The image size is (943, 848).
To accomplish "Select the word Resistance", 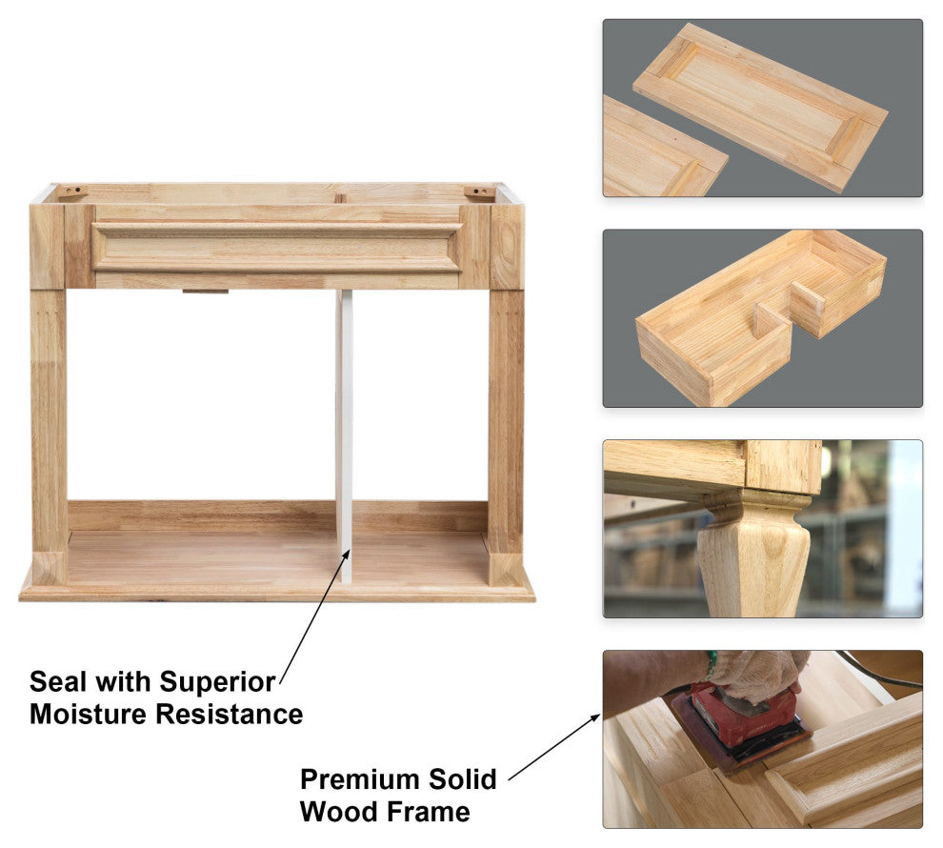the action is tap(230, 715).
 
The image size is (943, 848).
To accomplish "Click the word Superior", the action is tap(217, 683).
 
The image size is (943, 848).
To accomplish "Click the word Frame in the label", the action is tap(429, 812).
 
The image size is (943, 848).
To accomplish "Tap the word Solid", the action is tap(462, 779).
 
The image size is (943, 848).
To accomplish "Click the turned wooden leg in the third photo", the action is tap(752, 552).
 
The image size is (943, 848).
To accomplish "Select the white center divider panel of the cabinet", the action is tap(344, 436).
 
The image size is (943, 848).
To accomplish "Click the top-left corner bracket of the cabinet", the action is tap(72, 192).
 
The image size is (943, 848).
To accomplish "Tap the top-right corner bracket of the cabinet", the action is tap(479, 192).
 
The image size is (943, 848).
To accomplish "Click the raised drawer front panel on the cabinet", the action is tap(276, 247).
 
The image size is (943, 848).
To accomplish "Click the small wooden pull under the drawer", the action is tap(206, 292).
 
